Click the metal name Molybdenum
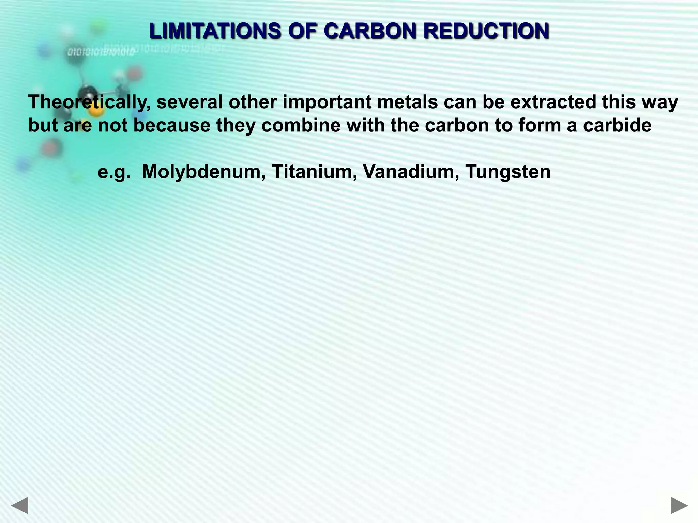[x=203, y=171]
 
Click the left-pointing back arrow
[x=19, y=505]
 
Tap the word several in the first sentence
[x=189, y=102]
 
